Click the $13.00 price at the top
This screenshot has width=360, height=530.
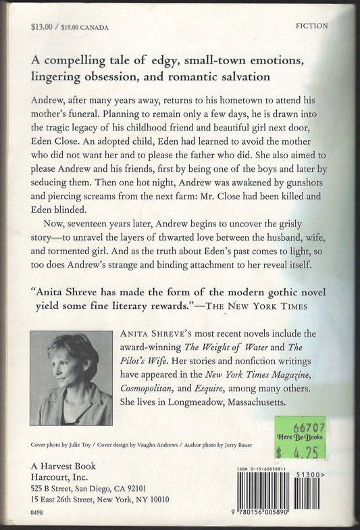pos(42,26)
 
